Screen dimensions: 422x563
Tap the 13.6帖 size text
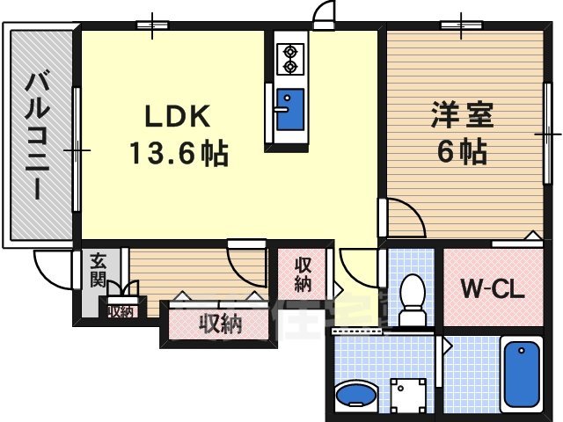coord(179,156)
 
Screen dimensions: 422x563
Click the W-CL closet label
coord(493,289)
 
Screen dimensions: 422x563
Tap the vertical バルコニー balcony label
coord(37,136)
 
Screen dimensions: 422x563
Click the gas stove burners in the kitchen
coord(289,60)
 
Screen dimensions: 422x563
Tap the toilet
coord(410,299)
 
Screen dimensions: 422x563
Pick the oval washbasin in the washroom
coord(359,394)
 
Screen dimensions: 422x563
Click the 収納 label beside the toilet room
coord(303,274)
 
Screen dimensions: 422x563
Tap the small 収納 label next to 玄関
coord(121,310)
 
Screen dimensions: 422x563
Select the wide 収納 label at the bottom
coord(219,324)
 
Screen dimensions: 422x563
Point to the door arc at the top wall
coord(324,16)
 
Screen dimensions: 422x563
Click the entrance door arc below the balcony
coord(49,267)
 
